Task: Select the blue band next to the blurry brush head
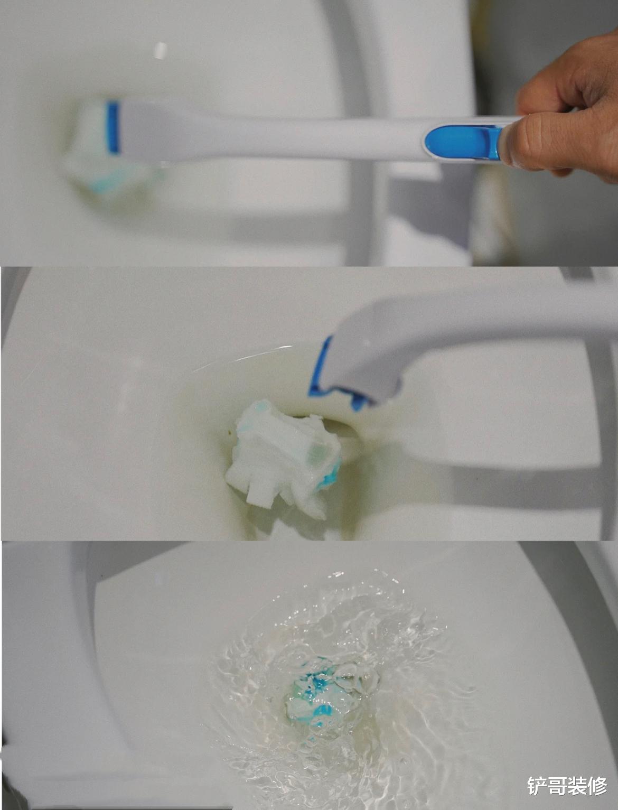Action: point(113,127)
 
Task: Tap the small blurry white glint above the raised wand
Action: point(161,51)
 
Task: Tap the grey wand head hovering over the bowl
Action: point(369,358)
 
